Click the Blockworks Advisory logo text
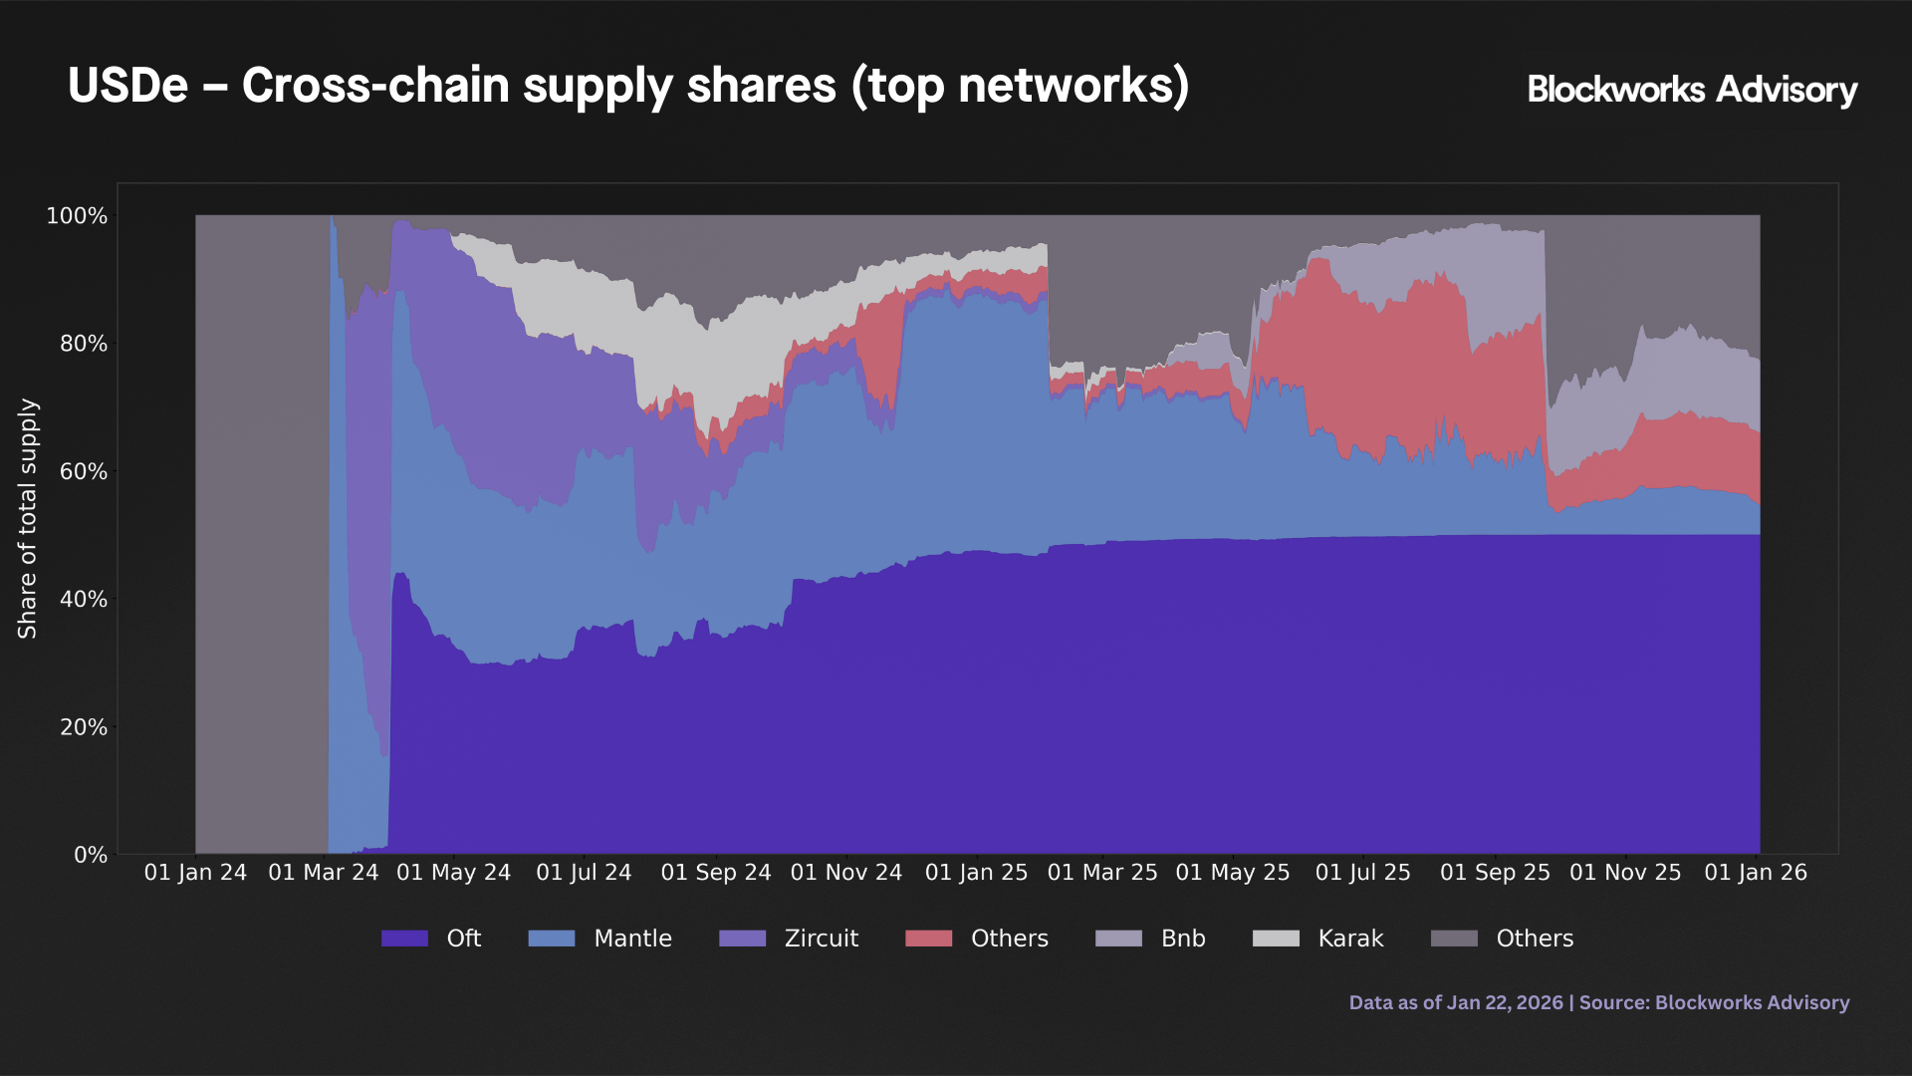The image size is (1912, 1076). [1691, 90]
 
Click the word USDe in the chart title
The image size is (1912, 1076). [127, 86]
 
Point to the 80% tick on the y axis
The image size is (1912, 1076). [84, 344]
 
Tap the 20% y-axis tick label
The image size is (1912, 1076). [84, 727]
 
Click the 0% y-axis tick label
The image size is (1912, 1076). [91, 855]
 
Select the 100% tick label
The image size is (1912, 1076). [77, 216]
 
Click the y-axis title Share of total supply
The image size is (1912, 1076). [28, 518]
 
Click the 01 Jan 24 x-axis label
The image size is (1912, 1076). [195, 873]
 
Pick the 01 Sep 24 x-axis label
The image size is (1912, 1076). [716, 873]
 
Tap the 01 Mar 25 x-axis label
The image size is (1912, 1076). [1102, 873]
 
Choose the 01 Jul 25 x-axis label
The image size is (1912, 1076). [1362, 873]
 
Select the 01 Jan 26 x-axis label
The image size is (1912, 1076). [1755, 873]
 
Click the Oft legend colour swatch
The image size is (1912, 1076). [404, 939]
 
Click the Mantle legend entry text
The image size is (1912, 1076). [632, 939]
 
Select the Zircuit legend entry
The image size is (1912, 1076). [821, 939]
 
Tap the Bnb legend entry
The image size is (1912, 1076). [1182, 939]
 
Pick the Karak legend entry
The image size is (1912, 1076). [1350, 939]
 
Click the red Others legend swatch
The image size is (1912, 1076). [928, 939]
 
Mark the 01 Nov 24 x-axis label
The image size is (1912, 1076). [845, 873]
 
